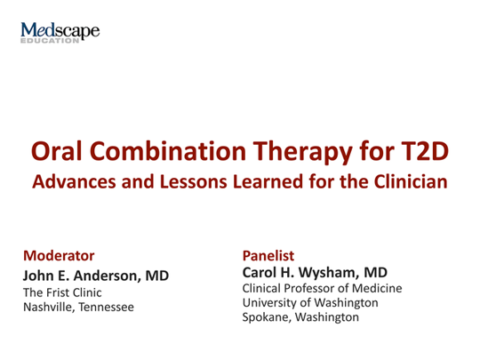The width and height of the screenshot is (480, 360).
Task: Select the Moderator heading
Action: click(x=59, y=255)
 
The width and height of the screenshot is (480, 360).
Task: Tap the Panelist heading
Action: click(x=268, y=255)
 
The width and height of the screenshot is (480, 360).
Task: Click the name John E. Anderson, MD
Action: click(x=95, y=275)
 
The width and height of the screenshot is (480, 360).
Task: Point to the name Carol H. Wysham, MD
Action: click(x=315, y=272)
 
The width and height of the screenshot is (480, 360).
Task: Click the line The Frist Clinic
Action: click(x=62, y=292)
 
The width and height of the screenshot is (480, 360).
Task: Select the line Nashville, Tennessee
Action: click(x=78, y=307)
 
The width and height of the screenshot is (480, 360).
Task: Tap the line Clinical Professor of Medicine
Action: click(x=322, y=289)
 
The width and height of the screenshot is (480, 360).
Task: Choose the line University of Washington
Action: click(x=310, y=303)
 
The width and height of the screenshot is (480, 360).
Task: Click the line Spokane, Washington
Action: click(x=300, y=317)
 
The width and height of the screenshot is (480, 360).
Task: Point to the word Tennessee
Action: click(x=106, y=307)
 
